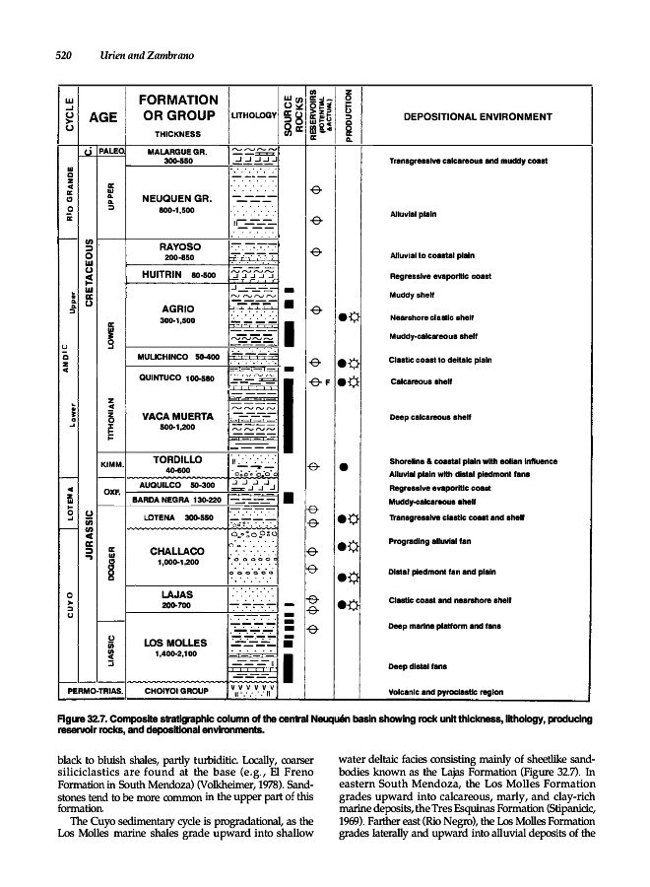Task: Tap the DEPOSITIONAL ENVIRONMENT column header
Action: pos(472,117)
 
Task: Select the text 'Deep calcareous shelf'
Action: pos(428,417)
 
